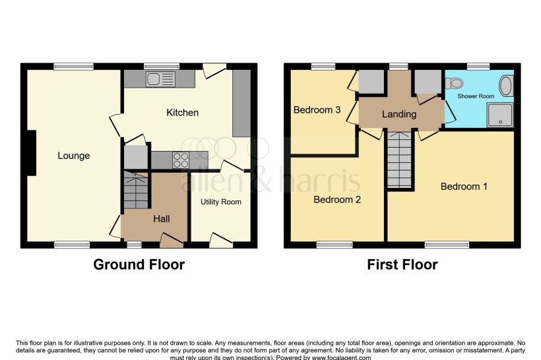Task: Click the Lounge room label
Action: (x=73, y=156)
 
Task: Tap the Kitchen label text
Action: (x=182, y=113)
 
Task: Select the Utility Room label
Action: (x=221, y=202)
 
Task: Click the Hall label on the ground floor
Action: (x=162, y=218)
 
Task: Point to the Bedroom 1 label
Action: (x=464, y=187)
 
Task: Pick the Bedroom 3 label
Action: (x=317, y=110)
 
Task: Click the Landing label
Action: (x=399, y=114)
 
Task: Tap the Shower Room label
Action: (x=477, y=96)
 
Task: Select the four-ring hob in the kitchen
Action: (x=180, y=160)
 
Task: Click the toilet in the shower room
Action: (x=453, y=84)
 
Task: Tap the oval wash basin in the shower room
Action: (x=505, y=86)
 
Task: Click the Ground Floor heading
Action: (x=139, y=265)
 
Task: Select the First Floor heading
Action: (x=402, y=265)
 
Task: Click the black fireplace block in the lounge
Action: (x=30, y=153)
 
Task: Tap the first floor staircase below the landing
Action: (x=398, y=158)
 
